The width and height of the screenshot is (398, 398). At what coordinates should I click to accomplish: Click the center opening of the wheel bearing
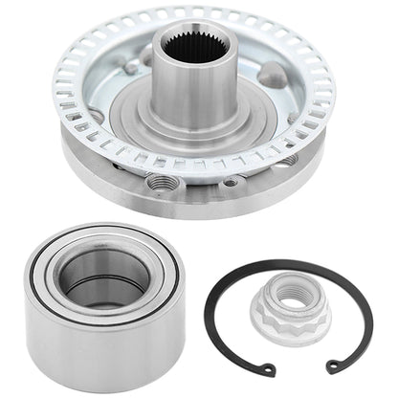coord(103,277)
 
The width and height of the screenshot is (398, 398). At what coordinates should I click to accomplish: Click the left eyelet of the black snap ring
coord(271,369)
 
